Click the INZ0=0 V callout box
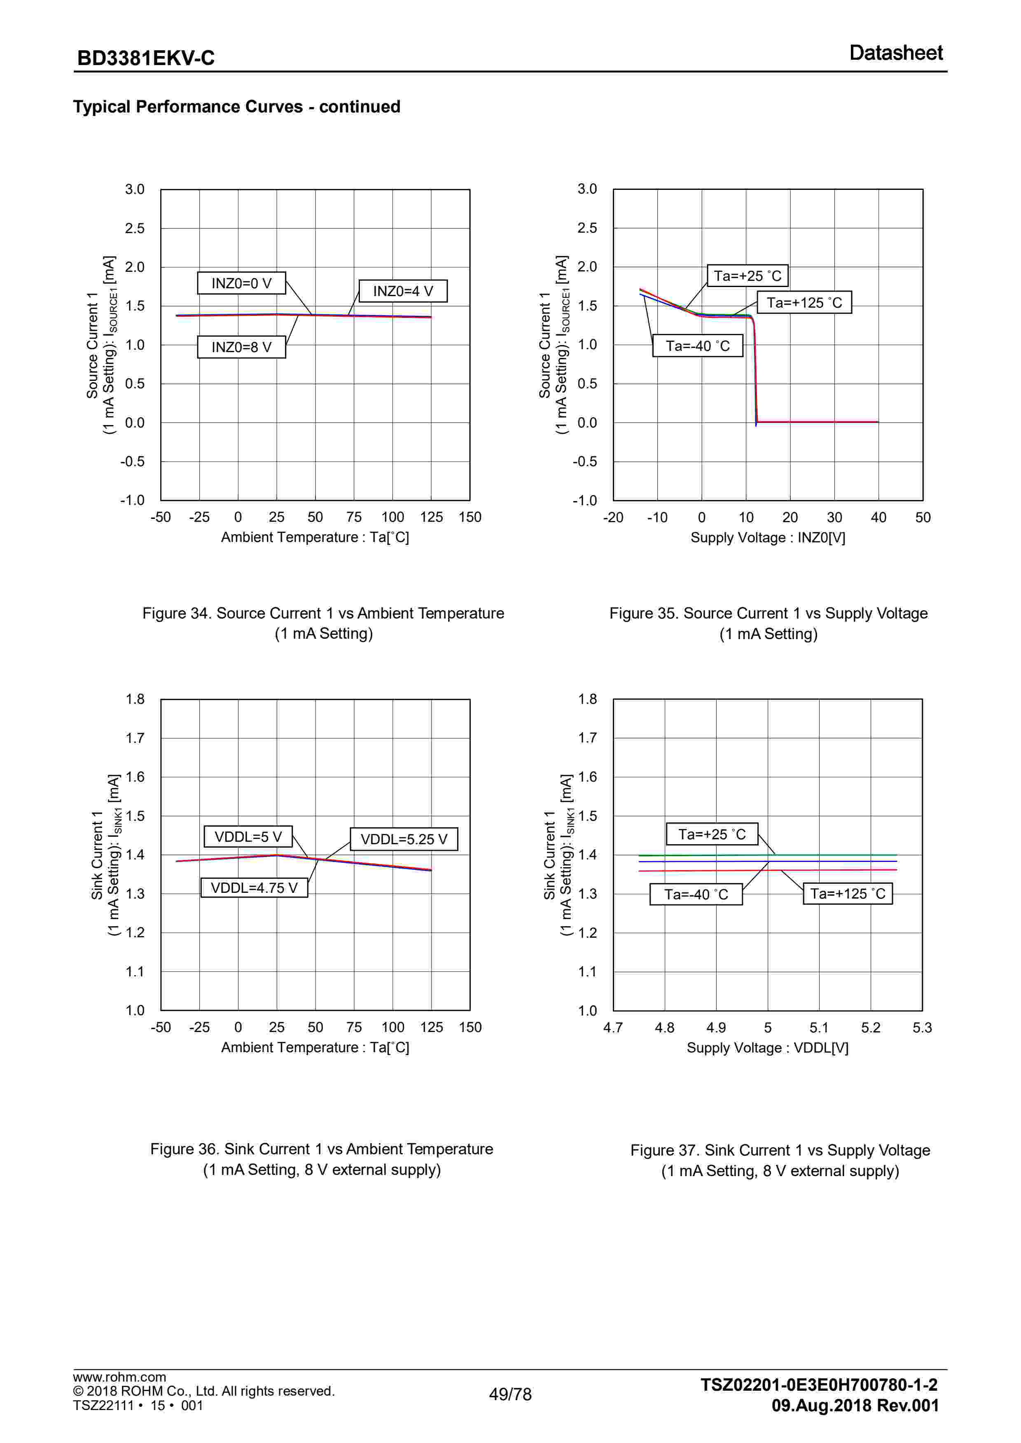click(x=241, y=283)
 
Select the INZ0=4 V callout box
click(x=403, y=291)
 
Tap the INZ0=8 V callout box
click(x=241, y=347)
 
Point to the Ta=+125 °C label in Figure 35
click(x=804, y=303)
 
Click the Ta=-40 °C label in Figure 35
click(x=698, y=346)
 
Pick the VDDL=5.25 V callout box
click(x=404, y=839)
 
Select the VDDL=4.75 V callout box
click(x=254, y=887)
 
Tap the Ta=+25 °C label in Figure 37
click(x=712, y=834)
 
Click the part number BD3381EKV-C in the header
click(x=146, y=58)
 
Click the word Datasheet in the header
click(x=895, y=53)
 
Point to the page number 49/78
click(x=510, y=1394)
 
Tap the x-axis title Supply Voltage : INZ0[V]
click(x=768, y=537)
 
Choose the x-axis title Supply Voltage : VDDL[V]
click(x=768, y=1048)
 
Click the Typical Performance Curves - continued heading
click(x=236, y=106)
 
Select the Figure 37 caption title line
click(x=780, y=1150)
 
